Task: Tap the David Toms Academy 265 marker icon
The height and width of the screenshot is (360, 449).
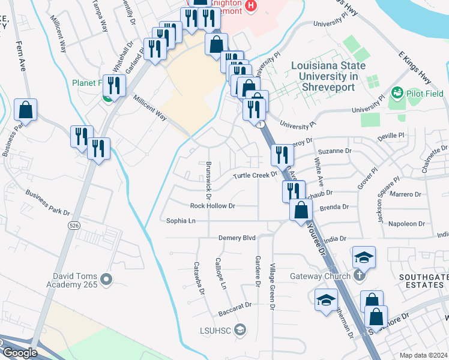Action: click(107, 279)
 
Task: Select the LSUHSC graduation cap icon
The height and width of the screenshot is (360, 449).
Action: click(240, 329)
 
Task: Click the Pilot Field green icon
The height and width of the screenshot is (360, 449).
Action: click(397, 94)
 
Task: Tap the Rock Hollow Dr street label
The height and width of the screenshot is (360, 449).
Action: click(212, 206)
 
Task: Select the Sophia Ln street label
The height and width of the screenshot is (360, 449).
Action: click(181, 221)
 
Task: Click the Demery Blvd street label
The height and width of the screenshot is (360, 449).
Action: click(237, 238)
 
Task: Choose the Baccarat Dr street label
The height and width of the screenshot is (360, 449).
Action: click(235, 305)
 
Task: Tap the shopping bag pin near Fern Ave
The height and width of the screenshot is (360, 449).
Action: click(25, 110)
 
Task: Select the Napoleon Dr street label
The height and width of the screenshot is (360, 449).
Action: click(407, 224)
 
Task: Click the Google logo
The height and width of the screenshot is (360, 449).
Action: click(20, 353)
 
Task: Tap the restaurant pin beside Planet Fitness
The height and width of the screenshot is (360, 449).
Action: click(112, 85)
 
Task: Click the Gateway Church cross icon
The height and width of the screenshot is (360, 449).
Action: click(358, 277)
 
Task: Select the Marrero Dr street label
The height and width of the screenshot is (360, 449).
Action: click(406, 194)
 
